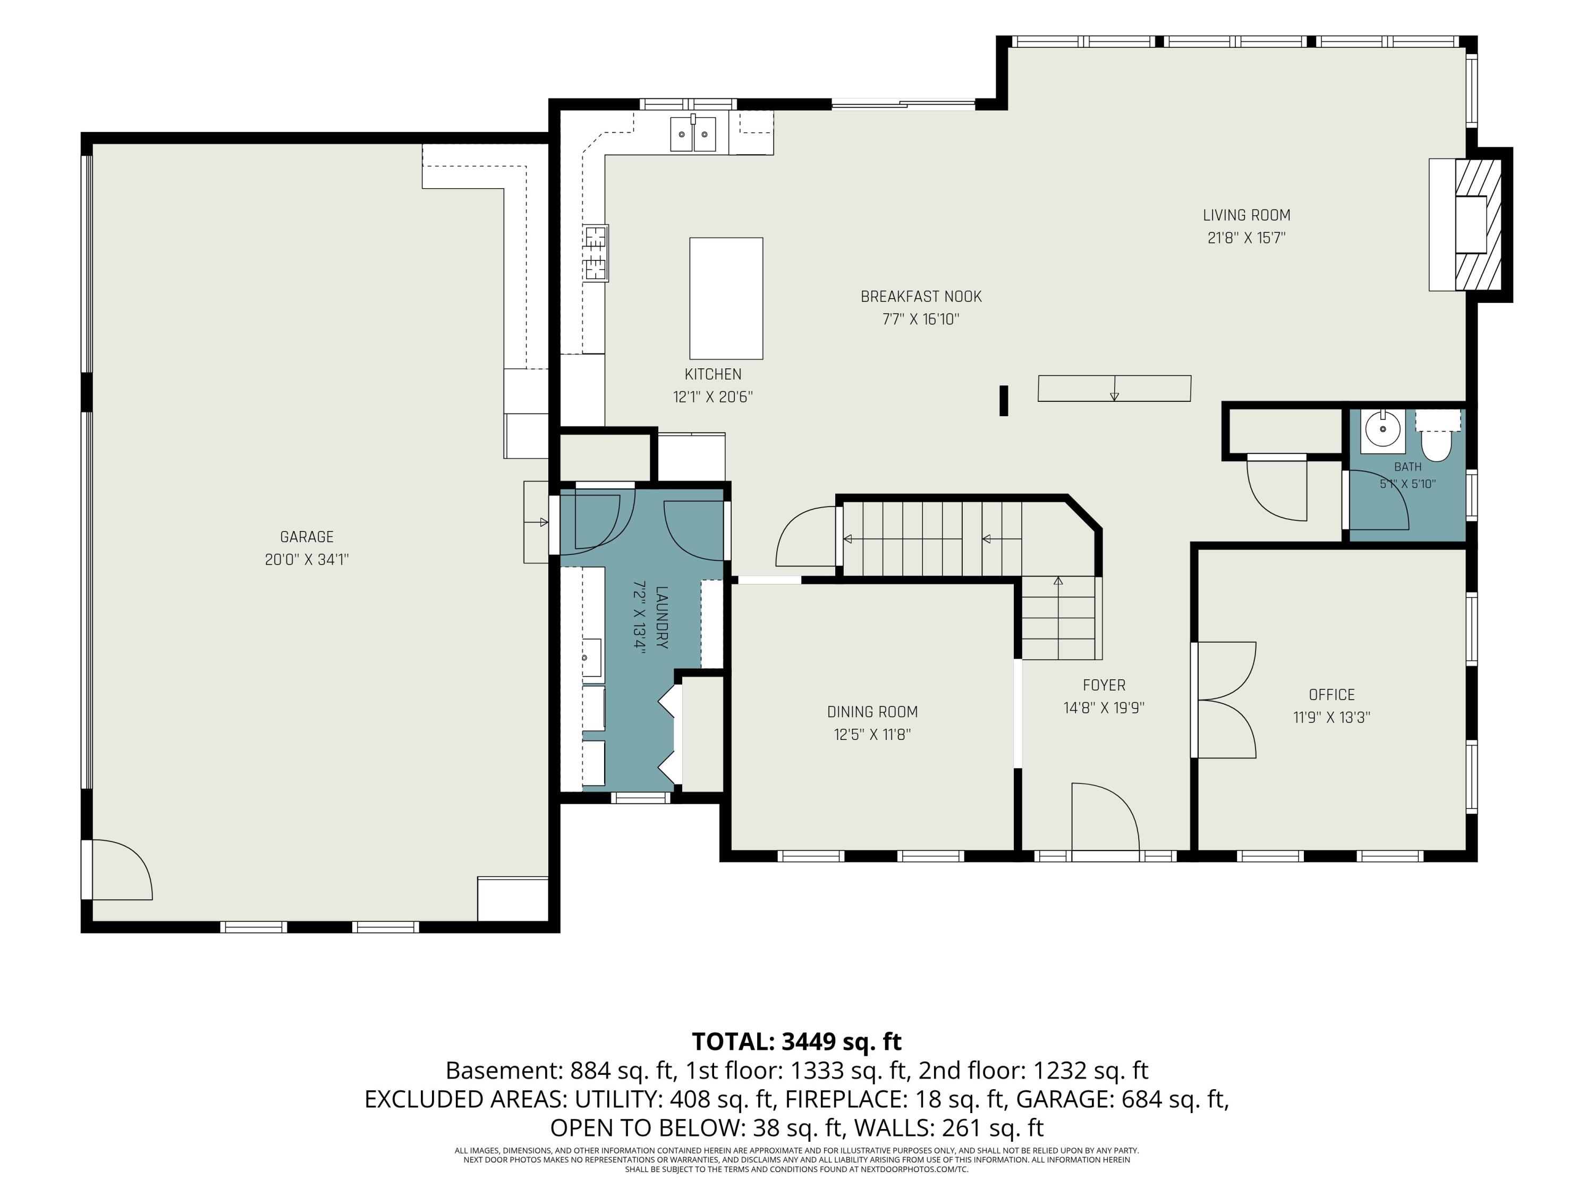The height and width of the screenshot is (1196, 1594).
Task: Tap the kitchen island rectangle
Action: [726, 298]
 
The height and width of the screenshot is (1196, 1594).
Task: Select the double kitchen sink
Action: [693, 133]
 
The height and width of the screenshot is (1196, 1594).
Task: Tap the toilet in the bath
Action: [1437, 437]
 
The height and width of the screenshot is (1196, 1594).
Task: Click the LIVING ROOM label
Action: [1247, 215]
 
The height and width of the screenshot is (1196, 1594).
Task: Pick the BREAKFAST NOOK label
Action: [921, 296]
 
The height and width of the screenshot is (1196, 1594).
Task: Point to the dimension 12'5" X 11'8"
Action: [872, 735]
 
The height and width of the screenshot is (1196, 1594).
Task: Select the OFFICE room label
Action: [1332, 695]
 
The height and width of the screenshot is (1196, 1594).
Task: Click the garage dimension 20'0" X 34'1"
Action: [307, 559]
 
